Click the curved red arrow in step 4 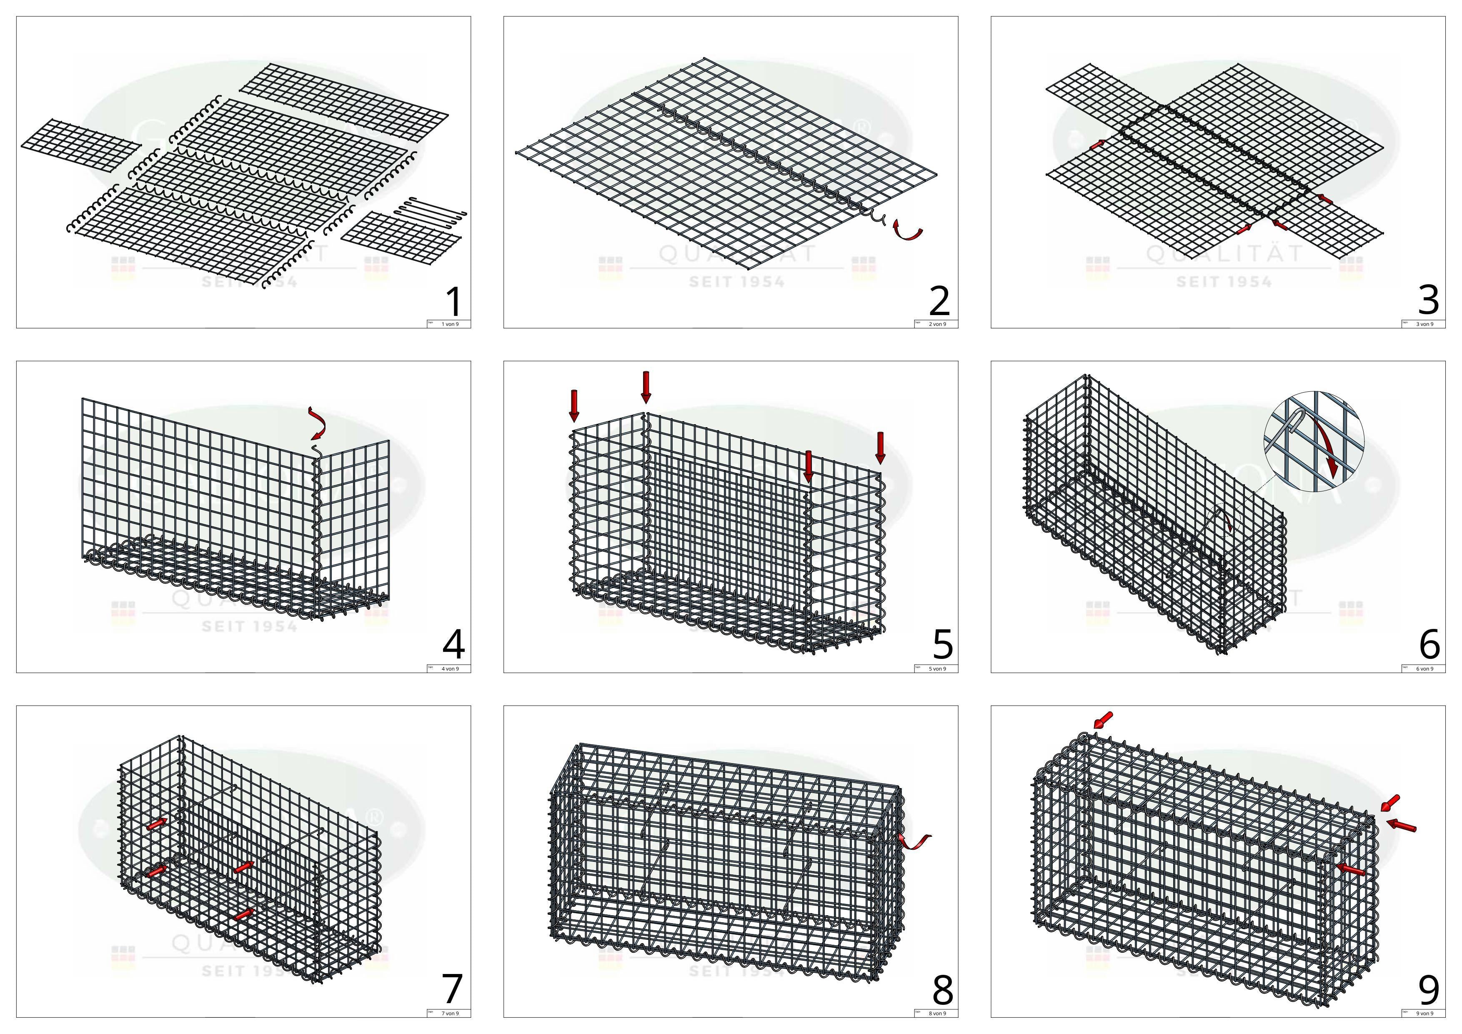click(x=316, y=424)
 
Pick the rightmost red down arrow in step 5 click(x=880, y=447)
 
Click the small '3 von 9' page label click(x=1424, y=324)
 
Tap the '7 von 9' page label click(x=450, y=1013)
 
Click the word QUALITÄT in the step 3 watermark click(x=1224, y=254)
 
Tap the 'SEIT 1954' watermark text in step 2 click(x=737, y=281)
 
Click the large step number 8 click(x=942, y=990)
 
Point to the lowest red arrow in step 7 click(x=243, y=914)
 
